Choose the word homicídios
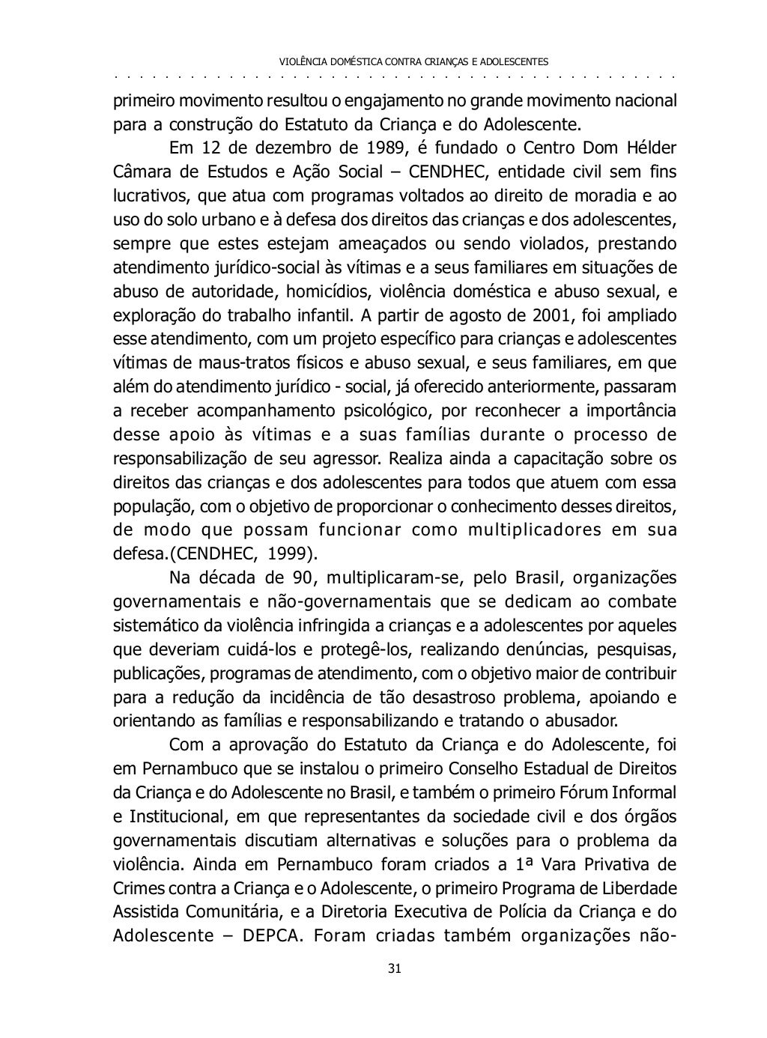point(325,291)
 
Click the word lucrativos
point(144,195)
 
